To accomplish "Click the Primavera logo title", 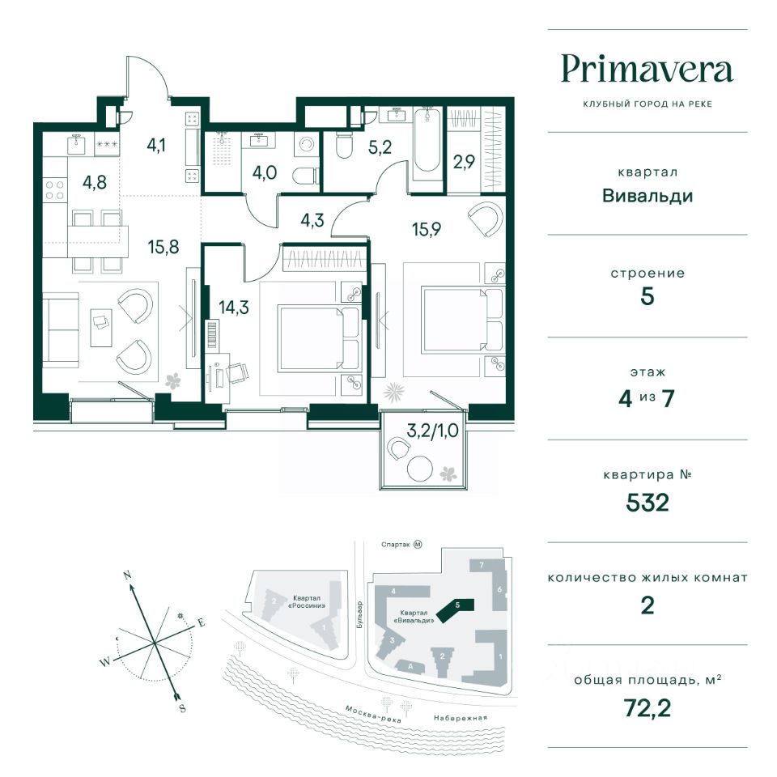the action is point(647,70).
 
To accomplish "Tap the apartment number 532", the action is point(647,503).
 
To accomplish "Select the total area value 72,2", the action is point(647,708).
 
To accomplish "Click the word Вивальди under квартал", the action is point(647,196).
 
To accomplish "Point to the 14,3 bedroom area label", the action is point(234,308).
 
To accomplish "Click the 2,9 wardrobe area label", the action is point(464,162).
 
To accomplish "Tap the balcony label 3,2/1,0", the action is point(432,431).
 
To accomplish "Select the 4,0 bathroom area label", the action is point(265,173).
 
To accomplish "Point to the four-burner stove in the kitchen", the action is point(54,190).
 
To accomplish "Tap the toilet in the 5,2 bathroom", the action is point(343,144).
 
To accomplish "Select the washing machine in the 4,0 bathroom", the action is point(307,144).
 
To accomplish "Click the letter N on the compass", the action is point(127,575).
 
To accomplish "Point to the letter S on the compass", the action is point(182,709).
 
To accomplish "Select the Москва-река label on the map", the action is point(373,714).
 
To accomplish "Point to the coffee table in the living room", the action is point(101,328).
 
